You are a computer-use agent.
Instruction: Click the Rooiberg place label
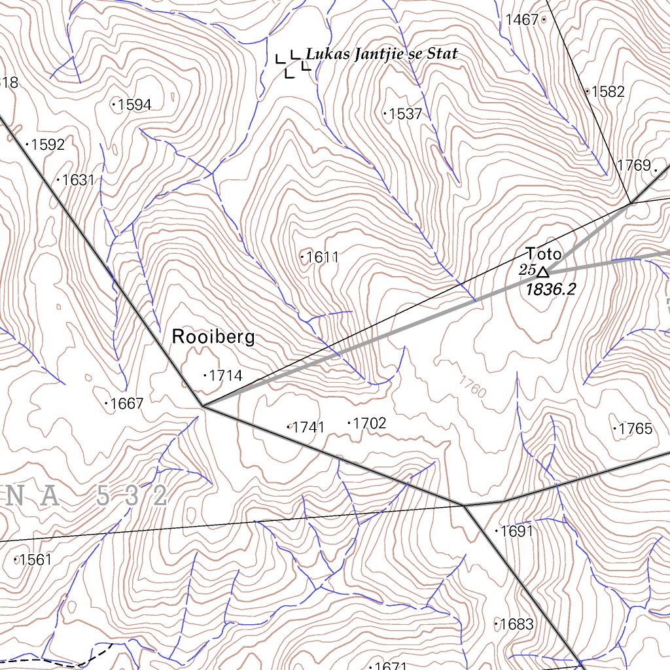213,337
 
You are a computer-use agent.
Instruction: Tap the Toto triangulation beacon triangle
542,271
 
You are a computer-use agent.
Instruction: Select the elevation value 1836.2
551,289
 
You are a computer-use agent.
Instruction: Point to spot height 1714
223,376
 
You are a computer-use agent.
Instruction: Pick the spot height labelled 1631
77,180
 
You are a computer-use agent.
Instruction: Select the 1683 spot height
514,624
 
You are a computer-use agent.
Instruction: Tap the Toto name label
543,253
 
